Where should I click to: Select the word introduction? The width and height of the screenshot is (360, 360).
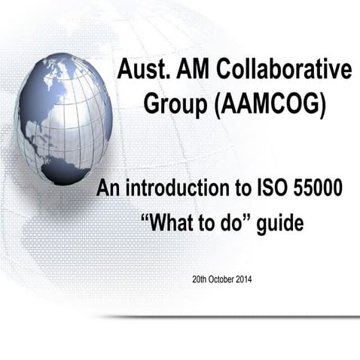coord(174,188)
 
